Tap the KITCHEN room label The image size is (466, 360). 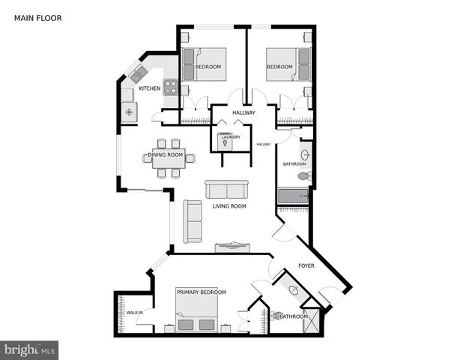149,88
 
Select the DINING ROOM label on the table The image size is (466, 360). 166,155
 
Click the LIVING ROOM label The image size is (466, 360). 229,206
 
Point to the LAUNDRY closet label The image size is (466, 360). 231,137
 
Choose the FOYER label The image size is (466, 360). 306,266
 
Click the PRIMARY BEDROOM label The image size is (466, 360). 201,292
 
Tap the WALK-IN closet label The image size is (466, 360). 135,312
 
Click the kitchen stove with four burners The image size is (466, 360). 172,85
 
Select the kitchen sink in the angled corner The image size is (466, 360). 138,74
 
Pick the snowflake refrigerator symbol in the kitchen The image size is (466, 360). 128,112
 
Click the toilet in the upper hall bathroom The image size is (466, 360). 303,176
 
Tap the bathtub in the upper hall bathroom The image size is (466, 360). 293,196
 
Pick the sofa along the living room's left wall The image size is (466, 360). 193,221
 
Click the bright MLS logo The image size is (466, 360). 30,349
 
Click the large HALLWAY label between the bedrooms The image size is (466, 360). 243,113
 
